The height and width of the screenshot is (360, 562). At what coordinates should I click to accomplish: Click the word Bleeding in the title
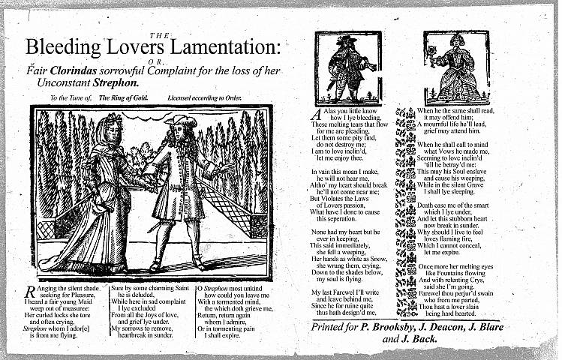(65, 46)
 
